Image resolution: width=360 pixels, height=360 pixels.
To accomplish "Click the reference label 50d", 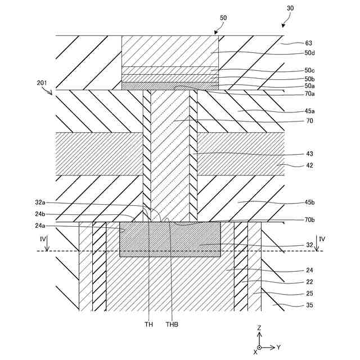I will (x=309, y=53).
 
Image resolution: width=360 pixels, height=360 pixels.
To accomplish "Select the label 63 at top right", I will (x=308, y=43).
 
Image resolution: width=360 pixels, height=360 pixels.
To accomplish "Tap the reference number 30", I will (x=290, y=8).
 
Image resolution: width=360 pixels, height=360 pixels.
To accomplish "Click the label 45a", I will (x=310, y=111).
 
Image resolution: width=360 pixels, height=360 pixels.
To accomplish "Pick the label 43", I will (x=309, y=154).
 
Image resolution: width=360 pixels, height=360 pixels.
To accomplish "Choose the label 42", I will (x=309, y=165).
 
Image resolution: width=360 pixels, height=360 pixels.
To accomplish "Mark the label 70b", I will (x=310, y=220).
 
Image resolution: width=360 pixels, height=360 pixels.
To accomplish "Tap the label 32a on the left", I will (x=41, y=202).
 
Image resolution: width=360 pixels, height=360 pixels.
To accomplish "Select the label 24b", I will (x=41, y=214).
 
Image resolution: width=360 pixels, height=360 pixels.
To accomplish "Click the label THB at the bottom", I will (x=173, y=324).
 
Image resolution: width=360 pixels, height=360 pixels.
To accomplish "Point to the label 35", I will (x=309, y=305).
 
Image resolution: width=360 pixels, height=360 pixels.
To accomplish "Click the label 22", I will (x=309, y=282).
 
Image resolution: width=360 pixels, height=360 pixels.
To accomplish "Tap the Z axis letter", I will (x=259, y=327).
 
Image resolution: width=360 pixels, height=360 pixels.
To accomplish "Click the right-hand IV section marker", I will (x=321, y=239).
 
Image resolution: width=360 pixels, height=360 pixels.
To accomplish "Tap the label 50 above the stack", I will (x=223, y=18).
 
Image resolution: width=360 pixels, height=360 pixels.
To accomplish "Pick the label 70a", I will (x=310, y=94).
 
